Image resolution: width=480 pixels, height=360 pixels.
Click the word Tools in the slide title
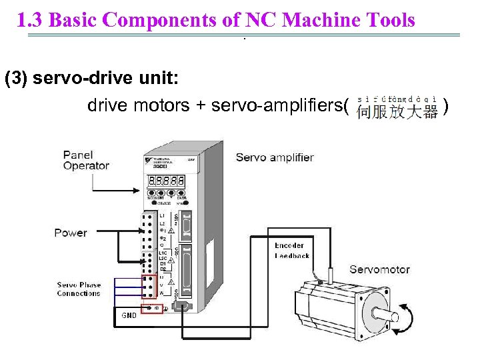pyautogui.click(x=389, y=21)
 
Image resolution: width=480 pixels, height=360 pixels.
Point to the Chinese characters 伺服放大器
pyautogui.click(x=397, y=111)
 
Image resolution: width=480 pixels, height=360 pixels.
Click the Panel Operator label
pyautogui.click(x=86, y=161)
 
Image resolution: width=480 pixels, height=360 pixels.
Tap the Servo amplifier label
pyautogui.click(x=275, y=157)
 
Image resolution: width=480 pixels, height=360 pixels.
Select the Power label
pyautogui.click(x=71, y=233)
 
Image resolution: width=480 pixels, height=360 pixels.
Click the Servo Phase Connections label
pyautogui.click(x=79, y=289)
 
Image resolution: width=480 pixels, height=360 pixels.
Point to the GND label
pyautogui.click(x=129, y=315)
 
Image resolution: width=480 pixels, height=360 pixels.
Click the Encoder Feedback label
pyautogui.click(x=291, y=251)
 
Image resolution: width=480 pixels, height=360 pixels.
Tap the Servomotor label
pyautogui.click(x=379, y=269)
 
